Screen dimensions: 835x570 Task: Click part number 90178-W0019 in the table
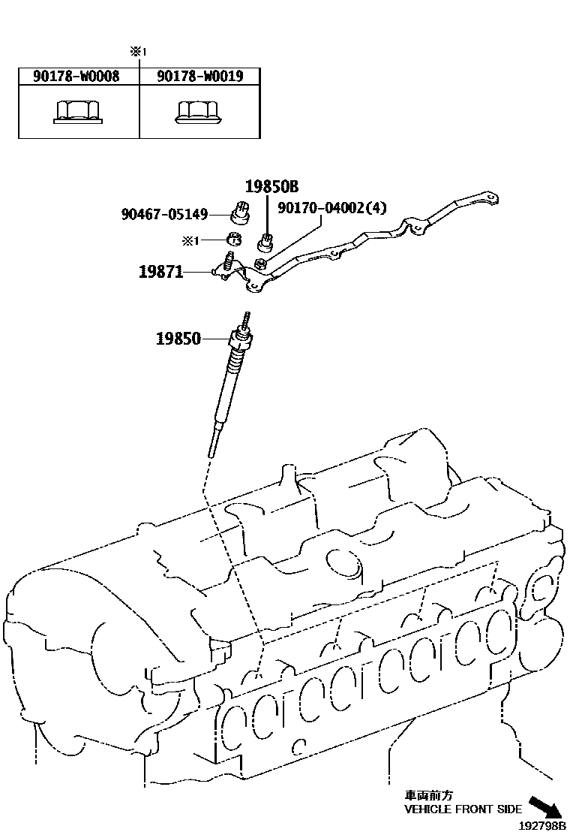point(200,77)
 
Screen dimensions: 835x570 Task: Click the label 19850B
point(271,187)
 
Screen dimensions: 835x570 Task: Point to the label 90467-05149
point(164,214)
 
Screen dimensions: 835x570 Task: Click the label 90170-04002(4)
point(331,208)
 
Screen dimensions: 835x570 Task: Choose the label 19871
point(160,272)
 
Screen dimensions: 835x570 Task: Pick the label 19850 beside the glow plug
point(178,339)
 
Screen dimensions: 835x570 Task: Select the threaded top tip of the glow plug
point(245,318)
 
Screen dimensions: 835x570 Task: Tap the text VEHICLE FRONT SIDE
point(463,809)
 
